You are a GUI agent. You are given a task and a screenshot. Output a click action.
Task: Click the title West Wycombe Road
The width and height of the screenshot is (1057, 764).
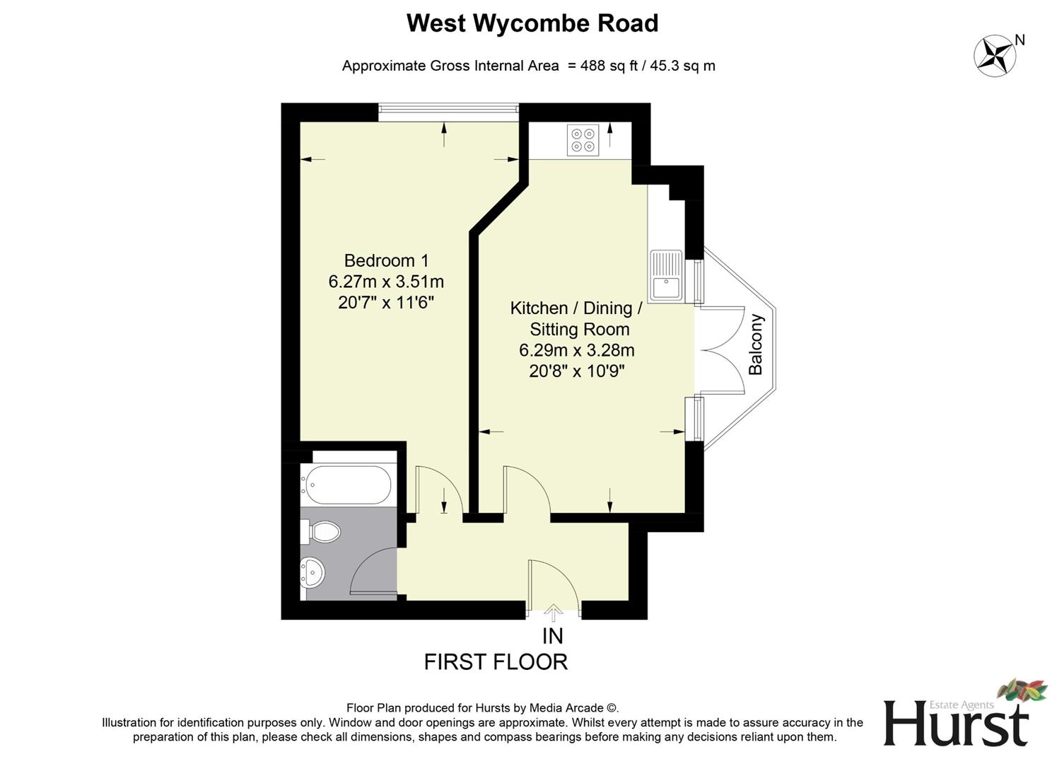[x=532, y=23]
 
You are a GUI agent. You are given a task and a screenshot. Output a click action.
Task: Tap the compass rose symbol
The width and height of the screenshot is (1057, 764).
[x=995, y=56]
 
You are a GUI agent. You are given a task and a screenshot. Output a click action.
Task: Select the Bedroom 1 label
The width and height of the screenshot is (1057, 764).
[x=386, y=260]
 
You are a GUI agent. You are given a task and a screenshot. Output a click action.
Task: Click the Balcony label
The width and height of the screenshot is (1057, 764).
[x=756, y=345]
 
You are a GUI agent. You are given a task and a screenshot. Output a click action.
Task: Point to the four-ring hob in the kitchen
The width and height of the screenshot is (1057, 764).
[x=583, y=140]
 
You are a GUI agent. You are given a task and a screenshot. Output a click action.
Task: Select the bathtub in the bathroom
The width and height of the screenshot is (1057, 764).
[x=346, y=485]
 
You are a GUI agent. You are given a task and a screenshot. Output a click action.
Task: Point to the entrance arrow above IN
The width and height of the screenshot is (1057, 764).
[x=553, y=613]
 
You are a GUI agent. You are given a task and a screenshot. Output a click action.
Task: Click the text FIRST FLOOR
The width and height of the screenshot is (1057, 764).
[x=496, y=662]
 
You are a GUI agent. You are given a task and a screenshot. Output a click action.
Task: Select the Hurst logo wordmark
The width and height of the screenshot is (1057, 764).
[x=956, y=723]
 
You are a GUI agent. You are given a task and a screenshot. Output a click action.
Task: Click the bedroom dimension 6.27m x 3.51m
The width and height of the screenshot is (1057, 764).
[x=386, y=282]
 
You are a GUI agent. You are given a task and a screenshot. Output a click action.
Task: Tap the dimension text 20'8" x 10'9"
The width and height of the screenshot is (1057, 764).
[x=576, y=371]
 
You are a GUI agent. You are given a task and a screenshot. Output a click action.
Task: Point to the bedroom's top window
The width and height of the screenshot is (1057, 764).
[x=448, y=108]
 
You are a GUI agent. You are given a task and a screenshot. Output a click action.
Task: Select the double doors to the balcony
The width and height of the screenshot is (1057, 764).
[x=721, y=349]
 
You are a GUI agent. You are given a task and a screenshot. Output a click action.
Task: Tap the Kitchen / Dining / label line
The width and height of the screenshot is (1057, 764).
[x=576, y=308]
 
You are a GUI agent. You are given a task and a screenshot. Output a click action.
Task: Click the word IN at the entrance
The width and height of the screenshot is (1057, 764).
[x=553, y=637]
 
